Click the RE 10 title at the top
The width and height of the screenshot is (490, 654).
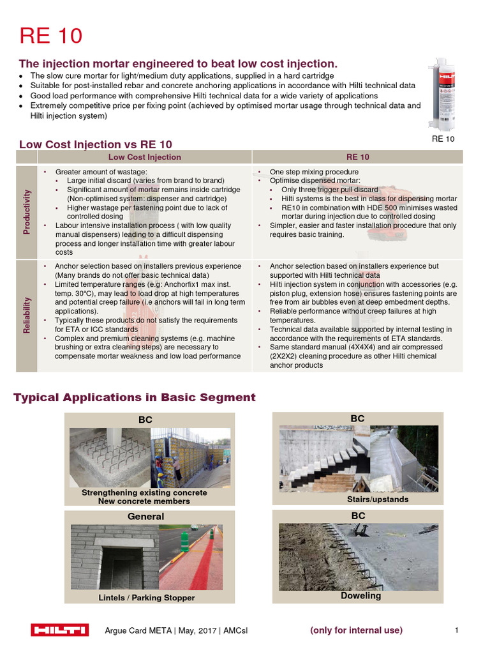[x=51, y=36]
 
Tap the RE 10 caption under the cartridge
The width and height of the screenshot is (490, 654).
[x=443, y=139]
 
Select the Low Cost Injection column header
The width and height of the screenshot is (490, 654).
[x=145, y=157]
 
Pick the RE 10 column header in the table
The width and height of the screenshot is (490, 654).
[x=357, y=157]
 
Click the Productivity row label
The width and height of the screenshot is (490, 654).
[x=27, y=211]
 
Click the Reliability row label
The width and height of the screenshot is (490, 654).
[x=27, y=314]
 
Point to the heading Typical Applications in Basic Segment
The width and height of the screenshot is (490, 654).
[x=135, y=398]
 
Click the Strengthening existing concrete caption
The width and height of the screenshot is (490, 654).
[x=144, y=492]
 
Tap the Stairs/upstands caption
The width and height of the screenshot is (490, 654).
[x=378, y=499]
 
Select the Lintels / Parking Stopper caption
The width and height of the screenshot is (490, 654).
[x=147, y=598]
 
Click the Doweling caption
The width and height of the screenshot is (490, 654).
[x=360, y=595]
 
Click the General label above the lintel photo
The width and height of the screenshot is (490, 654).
[x=146, y=516]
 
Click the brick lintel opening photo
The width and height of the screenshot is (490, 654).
[x=110, y=557]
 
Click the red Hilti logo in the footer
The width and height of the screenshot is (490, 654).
[x=60, y=630]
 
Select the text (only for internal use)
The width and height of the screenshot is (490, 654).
[x=356, y=630]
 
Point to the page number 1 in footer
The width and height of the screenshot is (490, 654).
[x=457, y=630]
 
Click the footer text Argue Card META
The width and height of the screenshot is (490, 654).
[x=138, y=630]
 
